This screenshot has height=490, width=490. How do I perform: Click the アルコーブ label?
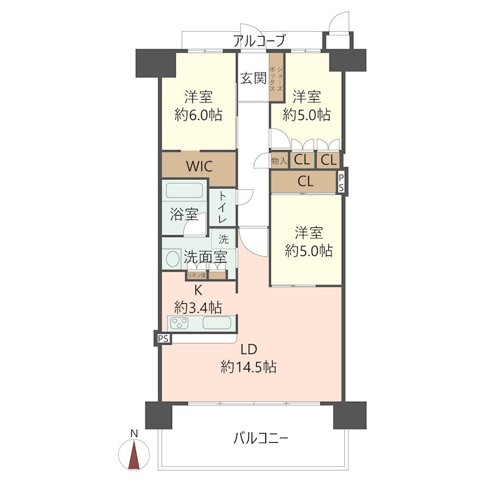coord(259,40)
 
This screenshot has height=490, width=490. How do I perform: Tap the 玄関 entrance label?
coord(254,78)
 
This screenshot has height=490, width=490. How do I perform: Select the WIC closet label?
coord(200,166)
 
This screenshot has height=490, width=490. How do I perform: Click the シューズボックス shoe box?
coord(277,77)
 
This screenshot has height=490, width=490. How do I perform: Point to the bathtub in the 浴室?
coord(184,190)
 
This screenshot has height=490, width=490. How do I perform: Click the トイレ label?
coord(222,207)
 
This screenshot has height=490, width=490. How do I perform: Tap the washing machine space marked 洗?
coord(224,239)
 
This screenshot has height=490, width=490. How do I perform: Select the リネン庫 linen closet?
coord(197,275)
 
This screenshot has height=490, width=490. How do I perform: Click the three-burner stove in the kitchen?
coord(179,323)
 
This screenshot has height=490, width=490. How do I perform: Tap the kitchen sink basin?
coord(217,323)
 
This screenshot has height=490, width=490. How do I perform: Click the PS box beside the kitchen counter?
coord(163,339)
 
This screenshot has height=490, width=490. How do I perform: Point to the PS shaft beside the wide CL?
coord(341,183)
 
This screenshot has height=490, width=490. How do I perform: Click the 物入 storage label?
coord(279,161)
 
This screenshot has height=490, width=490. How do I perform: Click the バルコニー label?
coord(261,439)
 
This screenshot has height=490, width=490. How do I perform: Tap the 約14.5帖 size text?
coord(249,367)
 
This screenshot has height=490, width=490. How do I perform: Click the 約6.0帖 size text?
coord(198,115)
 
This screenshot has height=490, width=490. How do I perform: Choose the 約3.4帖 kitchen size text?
coord(198,309)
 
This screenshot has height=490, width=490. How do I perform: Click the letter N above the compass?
coord(134,434)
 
